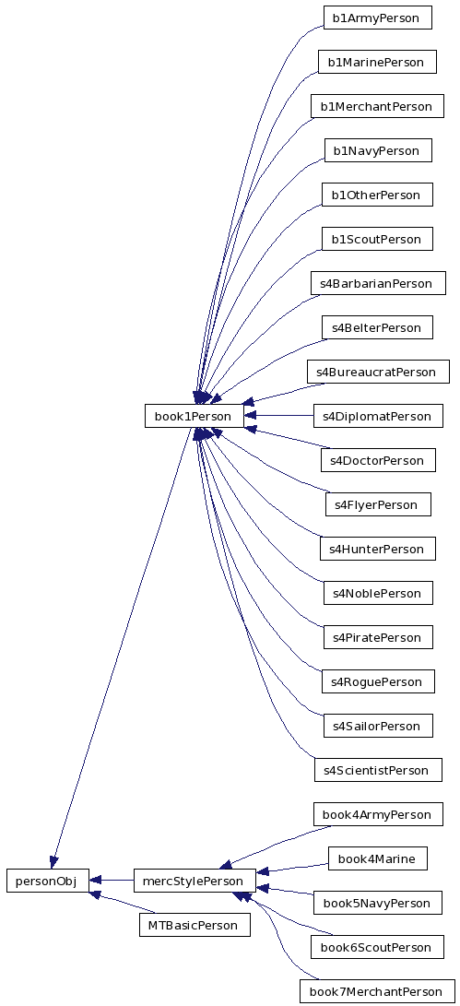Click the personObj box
(48, 881)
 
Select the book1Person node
(195, 416)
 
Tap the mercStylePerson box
(195, 881)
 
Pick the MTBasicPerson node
(195, 925)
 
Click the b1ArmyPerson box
(378, 18)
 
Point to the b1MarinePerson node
(377, 62)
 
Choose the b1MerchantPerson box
(377, 106)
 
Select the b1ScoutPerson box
(378, 239)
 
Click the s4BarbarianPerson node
(378, 283)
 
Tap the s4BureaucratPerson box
(378, 372)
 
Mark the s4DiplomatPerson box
(378, 416)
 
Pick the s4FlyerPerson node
(378, 504)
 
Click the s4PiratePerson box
(378, 637)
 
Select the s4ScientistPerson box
(378, 770)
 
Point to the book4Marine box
(377, 858)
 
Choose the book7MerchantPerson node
(377, 991)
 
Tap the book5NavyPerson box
(378, 903)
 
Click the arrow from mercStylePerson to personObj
(111, 881)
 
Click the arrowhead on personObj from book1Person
(53, 861)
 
